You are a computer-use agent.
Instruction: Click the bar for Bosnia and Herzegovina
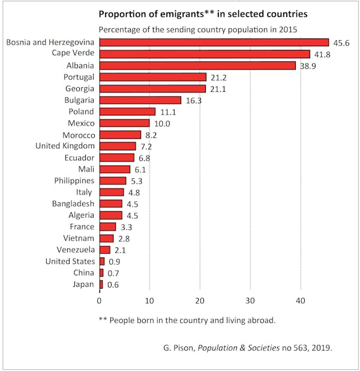click(x=214, y=42)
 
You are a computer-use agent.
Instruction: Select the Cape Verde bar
click(x=204, y=54)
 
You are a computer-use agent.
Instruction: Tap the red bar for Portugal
click(x=152, y=77)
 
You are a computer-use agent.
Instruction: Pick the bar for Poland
click(x=127, y=112)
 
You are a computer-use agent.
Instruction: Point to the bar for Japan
click(x=101, y=285)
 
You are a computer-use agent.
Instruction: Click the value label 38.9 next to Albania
click(x=307, y=65)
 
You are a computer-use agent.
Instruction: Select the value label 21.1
click(x=218, y=89)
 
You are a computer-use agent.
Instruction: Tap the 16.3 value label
click(x=193, y=100)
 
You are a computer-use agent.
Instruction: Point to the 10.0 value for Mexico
click(x=162, y=124)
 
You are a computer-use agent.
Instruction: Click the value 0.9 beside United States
click(x=114, y=262)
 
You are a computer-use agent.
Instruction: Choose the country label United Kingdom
click(x=65, y=146)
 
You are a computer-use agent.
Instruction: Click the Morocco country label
click(x=78, y=134)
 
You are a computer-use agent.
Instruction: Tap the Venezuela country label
click(x=75, y=250)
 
